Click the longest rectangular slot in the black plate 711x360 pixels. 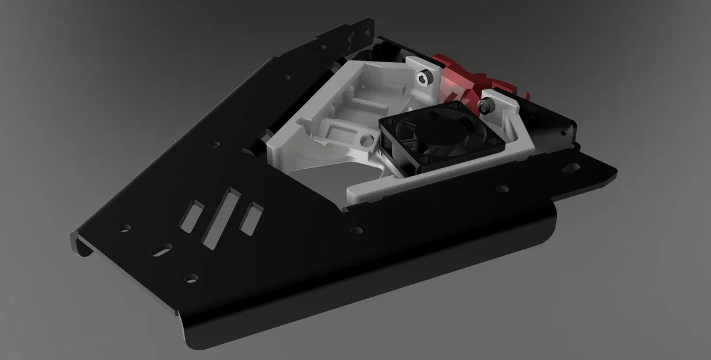pos(220,218)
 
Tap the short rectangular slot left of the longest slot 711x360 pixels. pos(192,216)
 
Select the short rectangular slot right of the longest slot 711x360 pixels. pos(251,219)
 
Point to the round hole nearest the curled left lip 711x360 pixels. pos(124,228)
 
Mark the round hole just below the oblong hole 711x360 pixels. pos(190,278)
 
